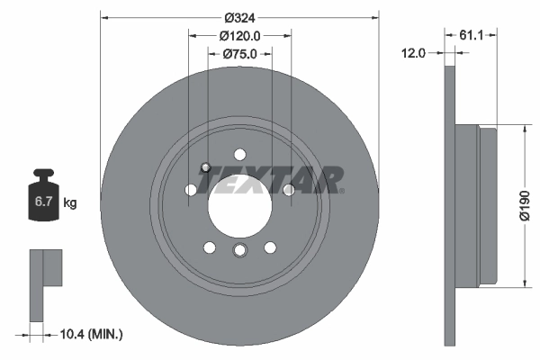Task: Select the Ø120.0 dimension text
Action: tap(239, 36)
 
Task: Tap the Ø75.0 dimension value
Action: tap(239, 54)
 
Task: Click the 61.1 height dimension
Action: tap(472, 36)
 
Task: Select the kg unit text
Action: tap(69, 203)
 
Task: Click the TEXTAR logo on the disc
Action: tap(271, 179)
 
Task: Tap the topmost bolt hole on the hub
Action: tap(239, 154)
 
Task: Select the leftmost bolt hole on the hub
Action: tap(190, 190)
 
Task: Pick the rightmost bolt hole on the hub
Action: tap(289, 190)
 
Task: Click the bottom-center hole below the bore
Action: tap(239, 250)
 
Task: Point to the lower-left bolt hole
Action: tap(209, 247)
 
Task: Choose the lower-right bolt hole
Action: tap(270, 247)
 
